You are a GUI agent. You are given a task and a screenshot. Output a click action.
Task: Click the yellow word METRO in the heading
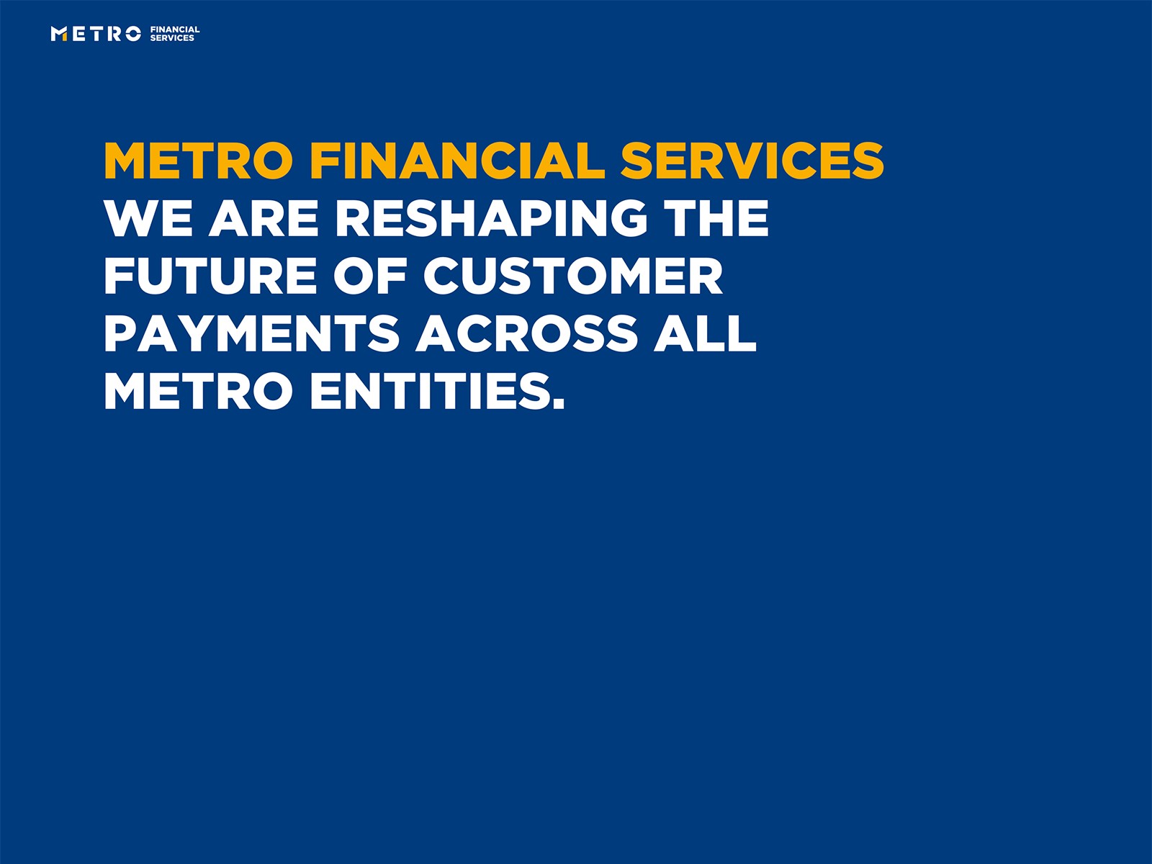coord(198,161)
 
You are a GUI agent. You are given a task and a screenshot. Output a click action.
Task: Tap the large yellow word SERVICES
coord(752,161)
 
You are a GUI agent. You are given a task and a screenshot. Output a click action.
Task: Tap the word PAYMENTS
coord(252,333)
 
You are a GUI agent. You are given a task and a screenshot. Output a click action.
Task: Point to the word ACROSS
coord(527,333)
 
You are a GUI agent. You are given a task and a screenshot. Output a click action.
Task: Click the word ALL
coord(705,333)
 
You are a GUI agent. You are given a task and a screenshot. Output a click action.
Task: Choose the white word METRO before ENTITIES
coord(198,392)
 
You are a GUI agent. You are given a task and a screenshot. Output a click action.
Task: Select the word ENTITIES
coord(431,392)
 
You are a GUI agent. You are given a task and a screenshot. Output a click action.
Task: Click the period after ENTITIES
coord(559,405)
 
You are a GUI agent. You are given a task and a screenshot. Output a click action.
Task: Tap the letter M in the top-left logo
coord(59,34)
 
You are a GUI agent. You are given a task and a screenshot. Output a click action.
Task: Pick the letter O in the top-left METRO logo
coord(132,34)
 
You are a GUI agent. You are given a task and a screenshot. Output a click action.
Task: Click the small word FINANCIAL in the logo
coord(175,30)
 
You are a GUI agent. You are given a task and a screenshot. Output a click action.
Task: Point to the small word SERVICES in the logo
coord(172,38)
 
